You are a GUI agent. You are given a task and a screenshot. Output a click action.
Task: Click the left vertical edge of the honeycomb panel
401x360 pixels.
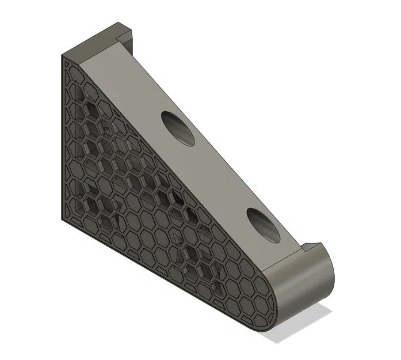coord(61,138)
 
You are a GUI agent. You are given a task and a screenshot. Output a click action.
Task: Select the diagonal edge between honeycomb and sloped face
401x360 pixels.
coord(173,167)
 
